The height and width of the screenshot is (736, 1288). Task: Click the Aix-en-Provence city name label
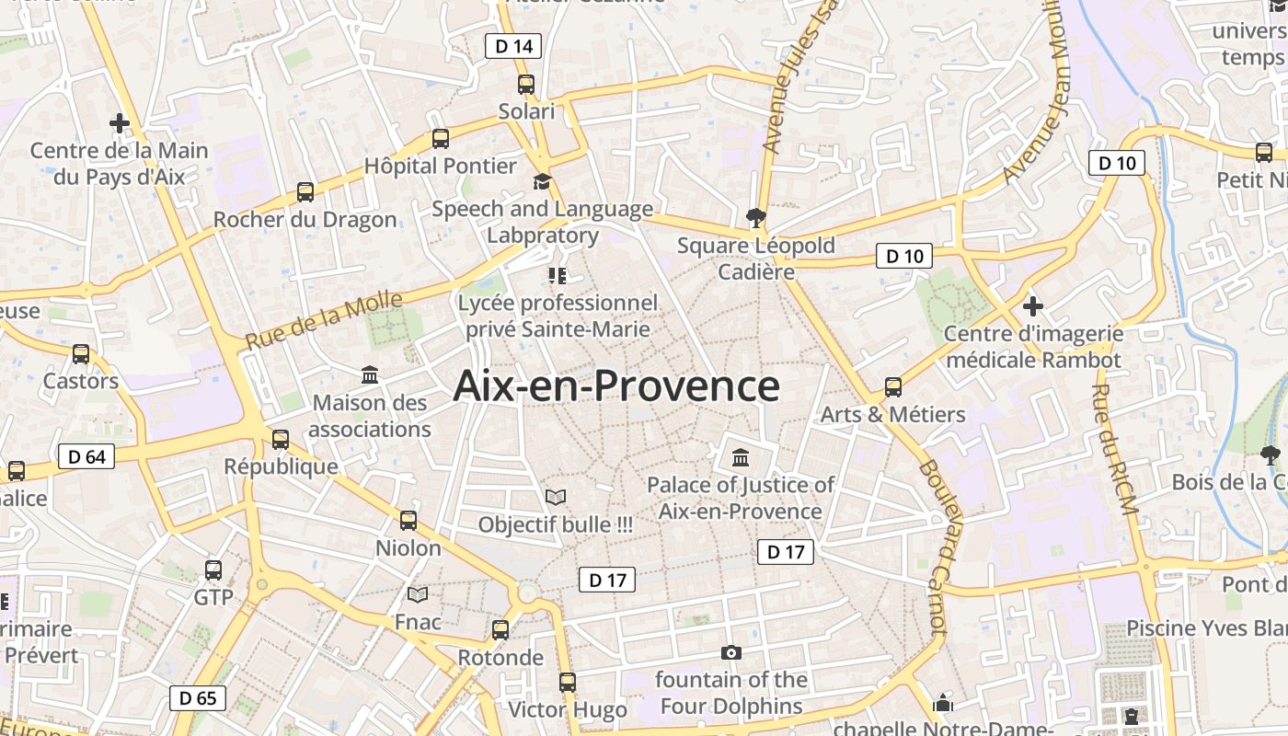[x=616, y=386]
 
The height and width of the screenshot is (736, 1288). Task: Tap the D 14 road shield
[x=513, y=46]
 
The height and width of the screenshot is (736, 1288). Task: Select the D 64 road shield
[x=86, y=456]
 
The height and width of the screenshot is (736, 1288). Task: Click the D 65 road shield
[x=198, y=697]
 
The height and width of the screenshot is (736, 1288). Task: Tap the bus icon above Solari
[x=526, y=85]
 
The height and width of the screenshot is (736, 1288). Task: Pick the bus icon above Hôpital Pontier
[x=441, y=139]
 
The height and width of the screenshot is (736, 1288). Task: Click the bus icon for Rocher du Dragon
[x=305, y=192]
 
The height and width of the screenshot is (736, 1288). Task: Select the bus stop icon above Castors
[x=81, y=354]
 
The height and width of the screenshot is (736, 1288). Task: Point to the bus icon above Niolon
[x=408, y=521]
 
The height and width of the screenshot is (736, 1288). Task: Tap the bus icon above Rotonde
[x=500, y=630]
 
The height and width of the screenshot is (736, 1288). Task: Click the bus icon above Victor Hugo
[x=568, y=683]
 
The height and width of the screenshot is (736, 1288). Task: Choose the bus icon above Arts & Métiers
[x=893, y=387]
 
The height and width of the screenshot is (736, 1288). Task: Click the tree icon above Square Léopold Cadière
[x=756, y=218]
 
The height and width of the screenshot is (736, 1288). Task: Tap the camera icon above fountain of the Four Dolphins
[x=731, y=652]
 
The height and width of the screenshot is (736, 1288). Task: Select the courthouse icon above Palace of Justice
[x=741, y=457]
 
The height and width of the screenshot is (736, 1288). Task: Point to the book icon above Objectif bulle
[x=556, y=497]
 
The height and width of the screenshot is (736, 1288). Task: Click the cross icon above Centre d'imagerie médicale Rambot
[x=1033, y=305]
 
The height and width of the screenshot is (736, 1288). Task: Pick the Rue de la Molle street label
[x=324, y=320]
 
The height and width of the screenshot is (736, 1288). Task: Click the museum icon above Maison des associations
[x=370, y=374]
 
